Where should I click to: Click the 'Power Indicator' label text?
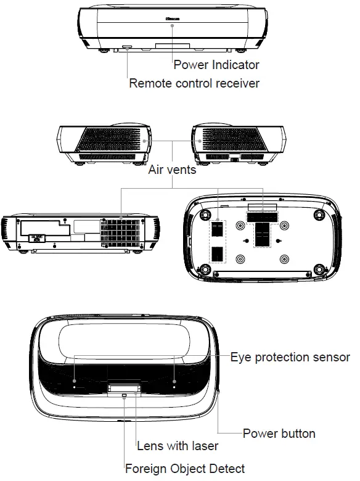(x=216, y=64)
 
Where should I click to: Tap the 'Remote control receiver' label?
(x=194, y=83)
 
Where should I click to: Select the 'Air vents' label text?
(x=172, y=169)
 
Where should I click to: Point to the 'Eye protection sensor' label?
(x=290, y=357)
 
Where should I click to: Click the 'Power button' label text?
(x=279, y=434)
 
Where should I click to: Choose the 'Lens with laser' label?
(x=178, y=445)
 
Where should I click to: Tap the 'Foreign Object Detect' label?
(x=185, y=469)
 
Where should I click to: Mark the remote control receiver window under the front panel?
(x=127, y=47)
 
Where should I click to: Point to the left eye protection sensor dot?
(x=75, y=382)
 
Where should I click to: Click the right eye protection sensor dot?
(x=174, y=382)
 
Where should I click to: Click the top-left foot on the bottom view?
(x=202, y=214)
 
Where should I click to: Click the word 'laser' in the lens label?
(x=204, y=445)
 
